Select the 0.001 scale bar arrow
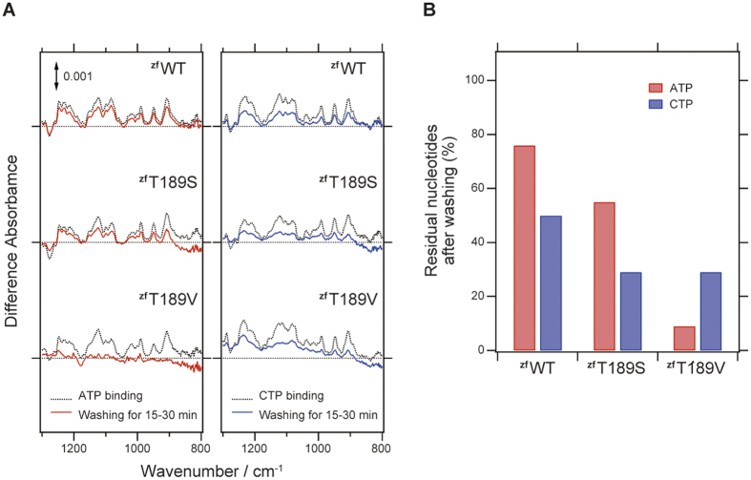tap(56, 74)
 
